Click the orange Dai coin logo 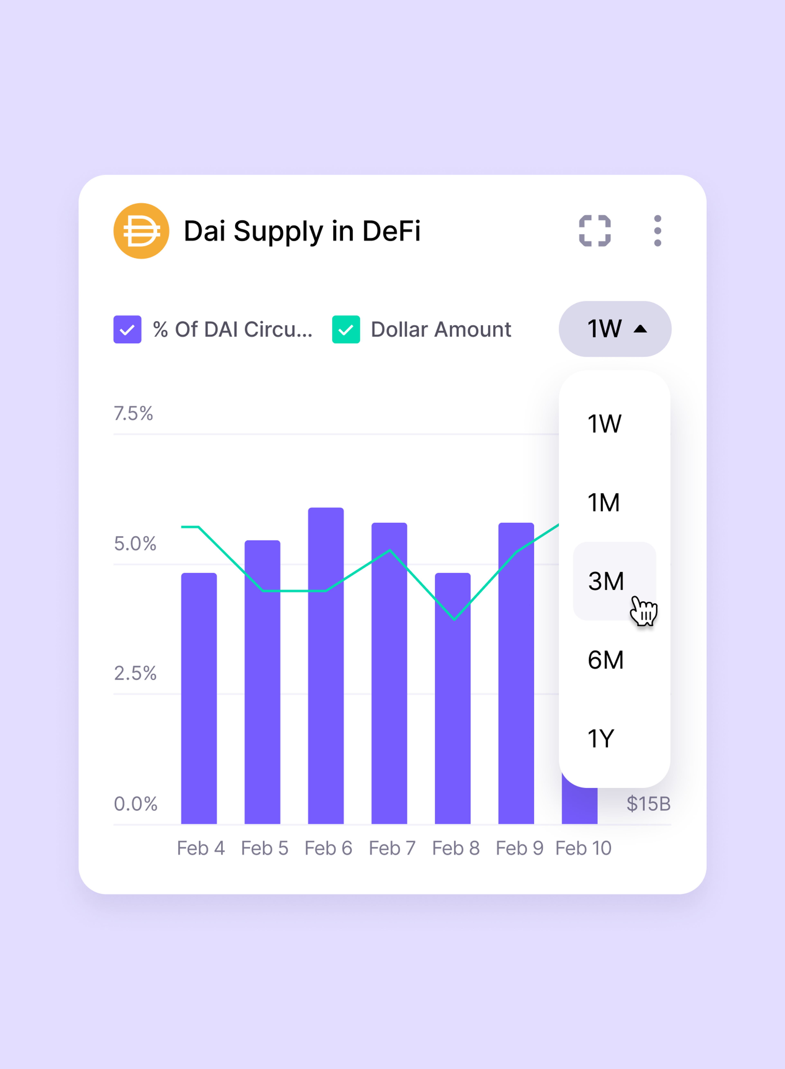click(x=141, y=231)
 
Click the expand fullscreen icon click(x=594, y=231)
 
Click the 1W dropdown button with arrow click(x=615, y=329)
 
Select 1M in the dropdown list click(x=604, y=503)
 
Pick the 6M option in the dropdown click(x=605, y=660)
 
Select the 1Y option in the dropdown click(x=601, y=739)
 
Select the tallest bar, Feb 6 click(x=326, y=666)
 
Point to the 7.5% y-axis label click(x=133, y=414)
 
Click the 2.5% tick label click(x=135, y=673)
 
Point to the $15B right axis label click(x=648, y=804)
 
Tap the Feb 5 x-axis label click(x=265, y=848)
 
